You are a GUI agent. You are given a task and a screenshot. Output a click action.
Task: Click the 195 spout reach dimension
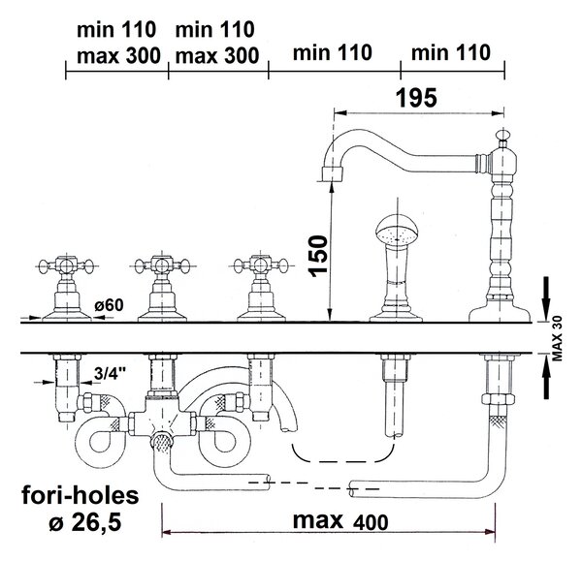click(416, 98)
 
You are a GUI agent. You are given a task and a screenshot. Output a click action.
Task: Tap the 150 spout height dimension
click(318, 256)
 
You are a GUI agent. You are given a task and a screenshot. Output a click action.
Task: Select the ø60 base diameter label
click(109, 305)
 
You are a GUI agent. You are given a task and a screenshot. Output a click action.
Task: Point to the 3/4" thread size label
click(111, 373)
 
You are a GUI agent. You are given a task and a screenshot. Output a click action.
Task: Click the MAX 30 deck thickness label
click(558, 338)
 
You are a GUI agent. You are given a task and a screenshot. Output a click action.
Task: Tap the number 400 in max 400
click(371, 522)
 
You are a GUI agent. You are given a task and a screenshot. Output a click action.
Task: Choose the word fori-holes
click(81, 495)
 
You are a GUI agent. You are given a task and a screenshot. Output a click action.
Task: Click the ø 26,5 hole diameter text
click(85, 522)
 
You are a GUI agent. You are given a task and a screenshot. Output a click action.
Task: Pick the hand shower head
click(397, 231)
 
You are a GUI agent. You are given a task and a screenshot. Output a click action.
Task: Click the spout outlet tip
click(332, 173)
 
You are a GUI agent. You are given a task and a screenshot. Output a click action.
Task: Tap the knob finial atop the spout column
click(502, 136)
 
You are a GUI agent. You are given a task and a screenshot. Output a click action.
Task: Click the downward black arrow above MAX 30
click(546, 297)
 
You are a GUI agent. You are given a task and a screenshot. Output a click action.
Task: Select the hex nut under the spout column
click(498, 399)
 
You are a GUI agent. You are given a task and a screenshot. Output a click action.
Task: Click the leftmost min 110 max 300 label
click(118, 43)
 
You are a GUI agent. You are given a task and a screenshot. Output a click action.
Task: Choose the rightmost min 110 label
click(451, 52)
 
